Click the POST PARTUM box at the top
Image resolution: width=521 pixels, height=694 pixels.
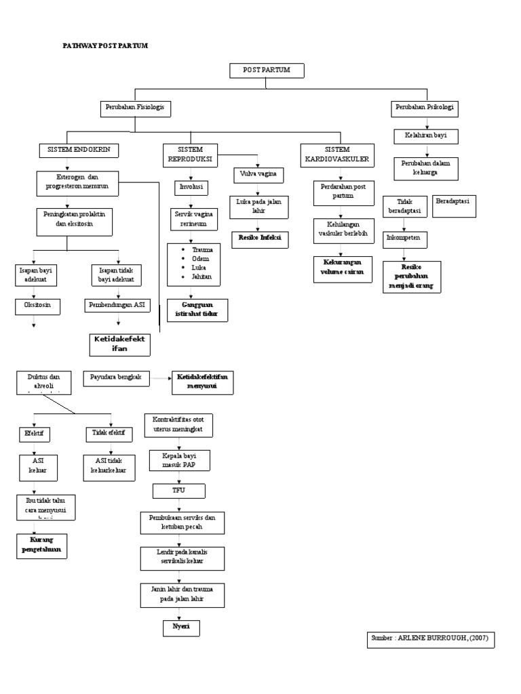point(266,70)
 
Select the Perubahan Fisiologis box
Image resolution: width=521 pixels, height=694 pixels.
point(134,108)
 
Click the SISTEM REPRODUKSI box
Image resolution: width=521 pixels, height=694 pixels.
point(190,154)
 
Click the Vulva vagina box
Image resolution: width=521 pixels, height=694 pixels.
point(258,175)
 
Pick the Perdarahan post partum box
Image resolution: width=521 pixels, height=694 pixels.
point(343,192)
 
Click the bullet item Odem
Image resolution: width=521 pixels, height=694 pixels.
point(201,259)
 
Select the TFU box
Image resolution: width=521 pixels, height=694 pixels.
point(179,489)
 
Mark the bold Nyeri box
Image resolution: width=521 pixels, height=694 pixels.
point(180,628)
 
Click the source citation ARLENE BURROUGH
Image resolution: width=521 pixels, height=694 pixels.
point(431,638)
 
